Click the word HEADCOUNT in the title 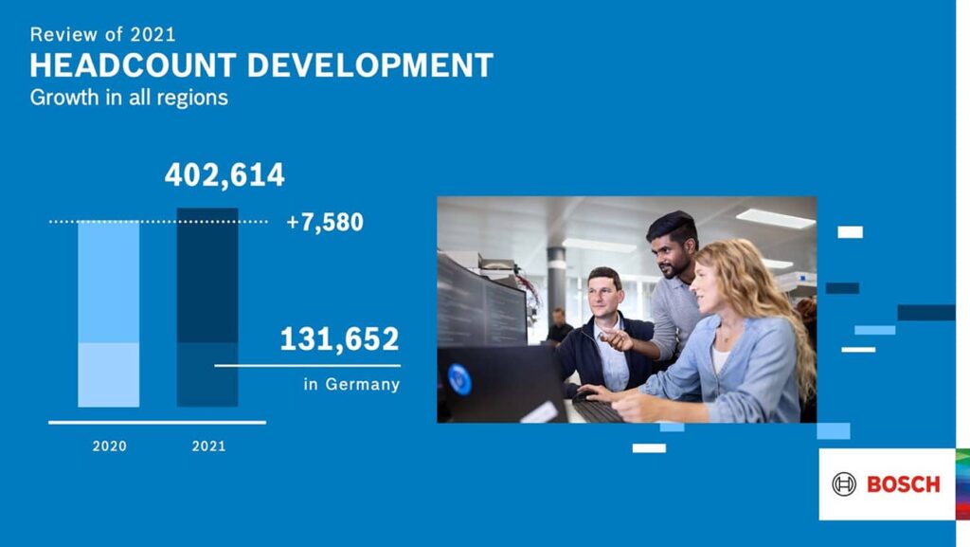(133, 65)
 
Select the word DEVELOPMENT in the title (370, 65)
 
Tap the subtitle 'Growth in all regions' (129, 98)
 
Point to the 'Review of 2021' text (102, 34)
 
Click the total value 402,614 (225, 175)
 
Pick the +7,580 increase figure (325, 222)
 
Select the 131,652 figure (340, 339)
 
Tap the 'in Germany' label (351, 384)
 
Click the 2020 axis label (110, 447)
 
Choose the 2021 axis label (208, 447)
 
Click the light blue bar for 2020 (109, 314)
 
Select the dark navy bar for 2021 (207, 307)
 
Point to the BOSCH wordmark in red (903, 484)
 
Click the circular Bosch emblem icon (844, 484)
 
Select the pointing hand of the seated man (616, 338)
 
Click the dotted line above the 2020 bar (158, 221)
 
